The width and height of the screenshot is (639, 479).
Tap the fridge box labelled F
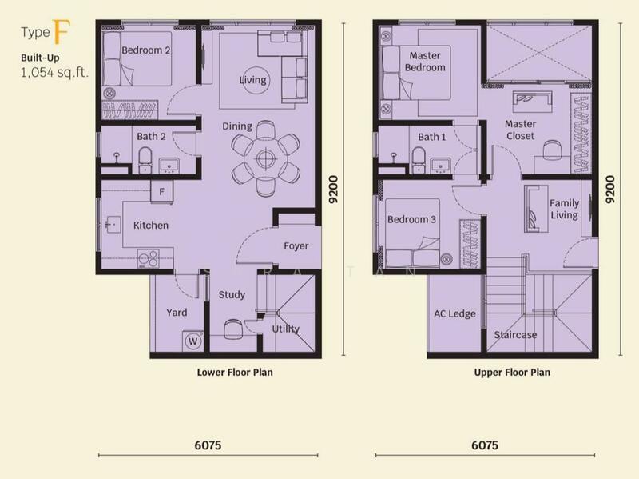coord(161,192)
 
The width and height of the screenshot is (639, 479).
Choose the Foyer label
coord(296,246)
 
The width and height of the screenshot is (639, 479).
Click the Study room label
coord(232,295)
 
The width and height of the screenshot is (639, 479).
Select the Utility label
coord(285,329)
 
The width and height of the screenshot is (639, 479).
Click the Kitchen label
coord(150,226)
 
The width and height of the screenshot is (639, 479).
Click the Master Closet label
coord(520,130)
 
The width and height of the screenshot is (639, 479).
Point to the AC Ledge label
coord(454,314)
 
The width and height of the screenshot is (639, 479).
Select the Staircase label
coord(515,335)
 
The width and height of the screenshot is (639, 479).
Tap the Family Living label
coord(564,210)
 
